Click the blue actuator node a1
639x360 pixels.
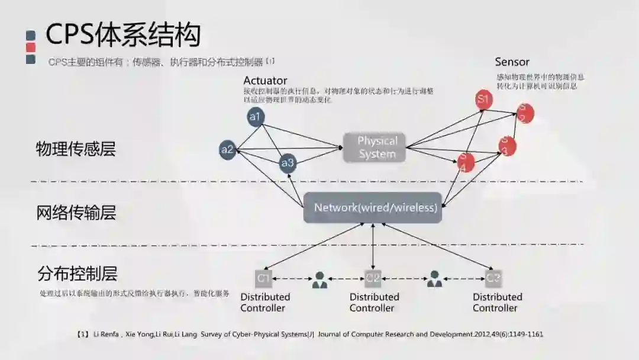[256, 117]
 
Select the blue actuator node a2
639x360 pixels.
[228, 149]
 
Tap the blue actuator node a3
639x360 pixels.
[288, 163]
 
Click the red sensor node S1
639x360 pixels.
[484, 99]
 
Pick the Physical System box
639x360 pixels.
[375, 147]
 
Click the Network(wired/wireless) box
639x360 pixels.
[373, 208]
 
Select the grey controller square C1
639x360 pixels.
[263, 278]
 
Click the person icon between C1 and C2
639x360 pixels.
[320, 279]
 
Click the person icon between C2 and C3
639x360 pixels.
[435, 279]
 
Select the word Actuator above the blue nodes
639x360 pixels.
[265, 81]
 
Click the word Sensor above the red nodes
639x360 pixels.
[512, 62]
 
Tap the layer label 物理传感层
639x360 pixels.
[76, 149]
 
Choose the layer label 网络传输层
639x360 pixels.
[76, 212]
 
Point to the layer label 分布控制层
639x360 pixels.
[77, 274]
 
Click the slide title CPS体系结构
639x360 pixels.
[123, 35]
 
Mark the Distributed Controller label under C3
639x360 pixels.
[497, 302]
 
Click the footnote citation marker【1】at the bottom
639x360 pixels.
[83, 335]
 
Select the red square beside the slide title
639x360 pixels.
[31, 47]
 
